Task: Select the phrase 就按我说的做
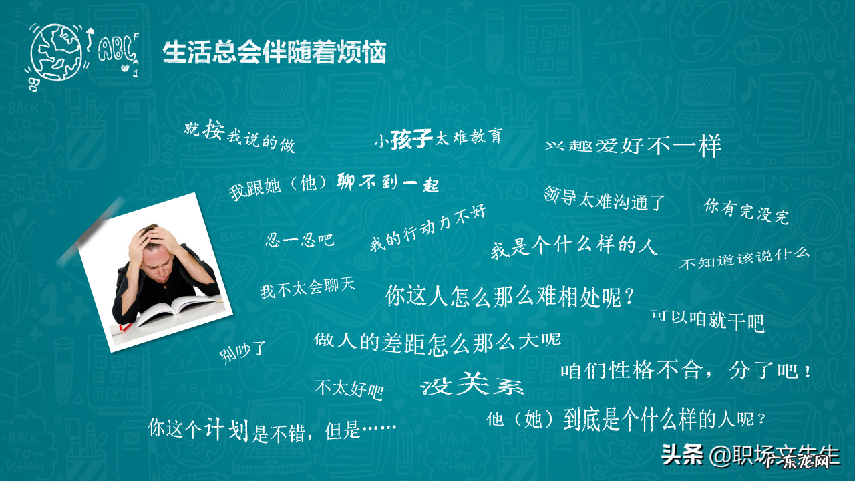pyautogui.click(x=239, y=136)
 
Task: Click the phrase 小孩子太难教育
pyautogui.click(x=438, y=138)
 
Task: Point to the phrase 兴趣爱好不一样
pyautogui.click(x=633, y=146)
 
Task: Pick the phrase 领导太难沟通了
pyautogui.click(x=604, y=198)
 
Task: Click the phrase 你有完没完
pyautogui.click(x=746, y=210)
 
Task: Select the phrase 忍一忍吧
pyautogui.click(x=300, y=239)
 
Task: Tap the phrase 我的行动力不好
pyautogui.click(x=428, y=228)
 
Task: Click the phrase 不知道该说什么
pyautogui.click(x=743, y=258)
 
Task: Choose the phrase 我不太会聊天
pyautogui.click(x=307, y=289)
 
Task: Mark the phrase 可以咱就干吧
pyautogui.click(x=708, y=320)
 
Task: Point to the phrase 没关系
pyautogui.click(x=472, y=386)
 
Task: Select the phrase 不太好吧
pyautogui.click(x=349, y=388)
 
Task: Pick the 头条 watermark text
pyautogui.click(x=682, y=456)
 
